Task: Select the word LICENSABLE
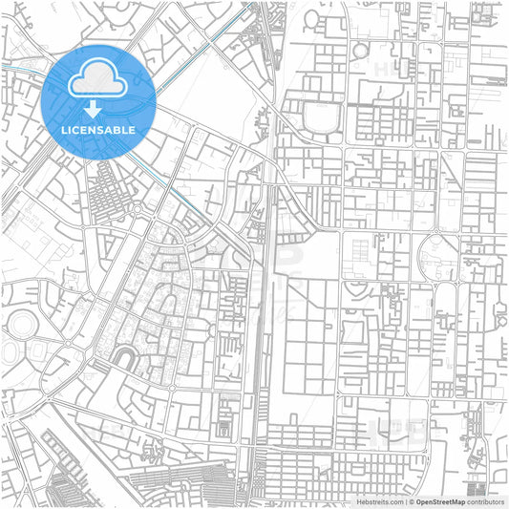pos(98,129)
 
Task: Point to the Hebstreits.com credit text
pos(378,500)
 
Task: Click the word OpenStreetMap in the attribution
pos(440,500)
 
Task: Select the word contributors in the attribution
pos(486,500)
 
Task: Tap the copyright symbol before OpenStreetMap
pos(412,500)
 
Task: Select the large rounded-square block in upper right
pos(326,118)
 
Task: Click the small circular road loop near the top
pos(362,50)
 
